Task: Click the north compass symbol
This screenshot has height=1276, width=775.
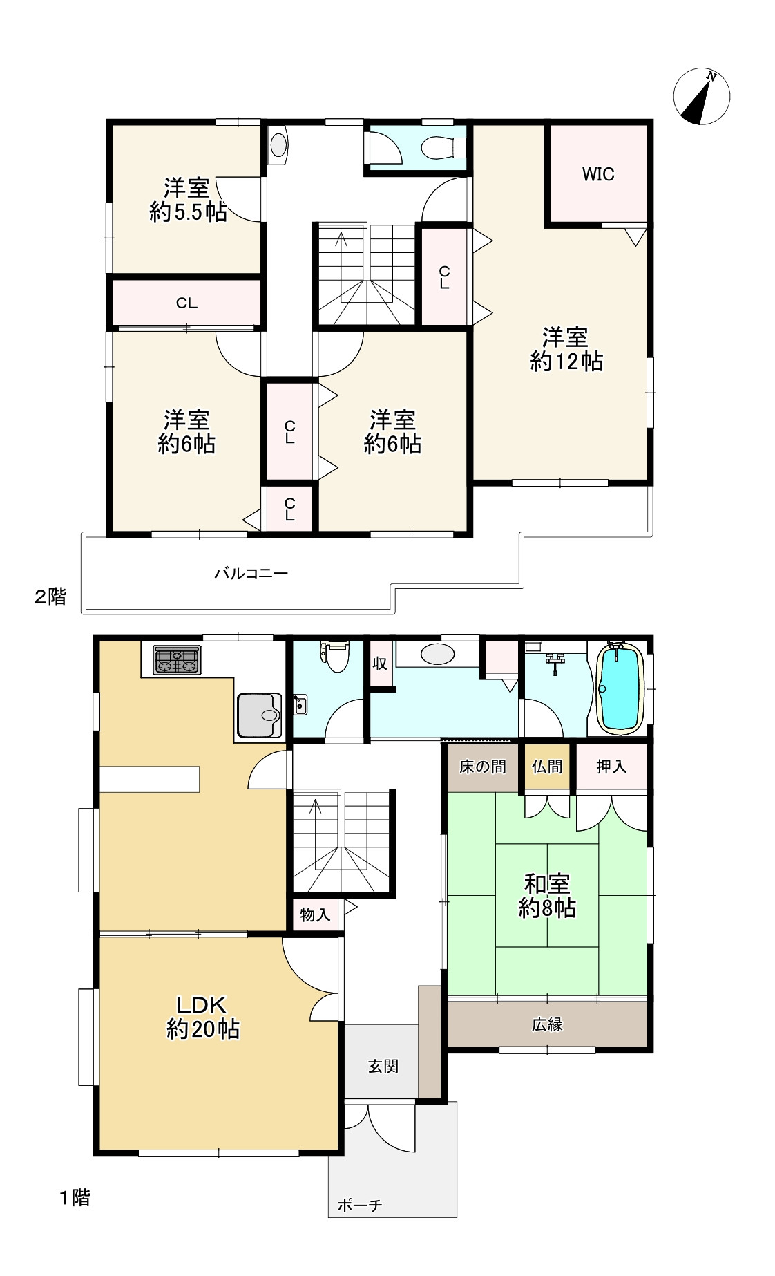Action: pyautogui.click(x=701, y=97)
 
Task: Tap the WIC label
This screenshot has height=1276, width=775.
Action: pyautogui.click(x=598, y=174)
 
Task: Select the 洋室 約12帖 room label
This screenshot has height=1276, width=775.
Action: pyautogui.click(x=566, y=350)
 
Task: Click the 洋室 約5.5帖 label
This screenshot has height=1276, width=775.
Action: pyautogui.click(x=188, y=200)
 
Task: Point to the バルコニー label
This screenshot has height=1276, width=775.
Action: pyautogui.click(x=251, y=573)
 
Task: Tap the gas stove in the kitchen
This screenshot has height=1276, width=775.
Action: pyautogui.click(x=177, y=660)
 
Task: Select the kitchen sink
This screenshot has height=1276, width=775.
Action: pyautogui.click(x=259, y=715)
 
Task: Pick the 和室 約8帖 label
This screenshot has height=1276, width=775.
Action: pyautogui.click(x=547, y=896)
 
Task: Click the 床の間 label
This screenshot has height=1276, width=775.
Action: pyautogui.click(x=482, y=767)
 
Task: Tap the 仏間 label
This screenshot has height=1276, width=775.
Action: pyautogui.click(x=547, y=767)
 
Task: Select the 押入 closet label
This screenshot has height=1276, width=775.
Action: pyautogui.click(x=611, y=767)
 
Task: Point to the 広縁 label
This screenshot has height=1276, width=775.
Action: pyautogui.click(x=547, y=1024)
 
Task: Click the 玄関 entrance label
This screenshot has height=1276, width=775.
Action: pyautogui.click(x=383, y=1066)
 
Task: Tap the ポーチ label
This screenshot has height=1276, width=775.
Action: pyautogui.click(x=360, y=1205)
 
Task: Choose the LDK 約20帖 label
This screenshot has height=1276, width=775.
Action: pyautogui.click(x=203, y=1017)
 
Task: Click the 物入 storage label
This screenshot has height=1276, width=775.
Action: pyautogui.click(x=315, y=915)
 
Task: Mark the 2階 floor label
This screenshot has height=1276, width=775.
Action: pyautogui.click(x=51, y=597)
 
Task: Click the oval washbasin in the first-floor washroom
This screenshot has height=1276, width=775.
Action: pyautogui.click(x=437, y=654)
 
